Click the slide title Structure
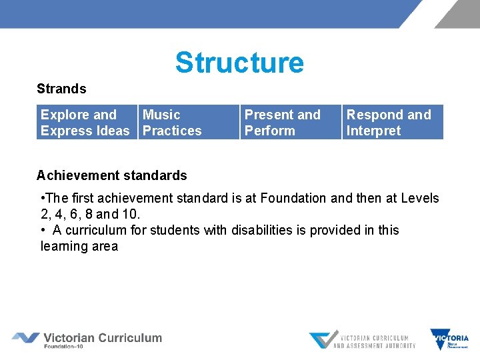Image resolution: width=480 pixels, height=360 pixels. (239, 63)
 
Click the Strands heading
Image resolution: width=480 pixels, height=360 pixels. (61, 89)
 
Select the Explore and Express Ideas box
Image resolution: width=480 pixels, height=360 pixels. (85, 123)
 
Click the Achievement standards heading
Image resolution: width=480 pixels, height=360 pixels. (112, 175)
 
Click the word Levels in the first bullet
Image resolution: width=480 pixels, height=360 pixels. (419, 198)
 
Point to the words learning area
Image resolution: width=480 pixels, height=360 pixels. (79, 246)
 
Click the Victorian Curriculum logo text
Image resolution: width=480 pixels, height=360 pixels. (103, 337)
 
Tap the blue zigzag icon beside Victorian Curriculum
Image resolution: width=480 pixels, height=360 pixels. (25, 338)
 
